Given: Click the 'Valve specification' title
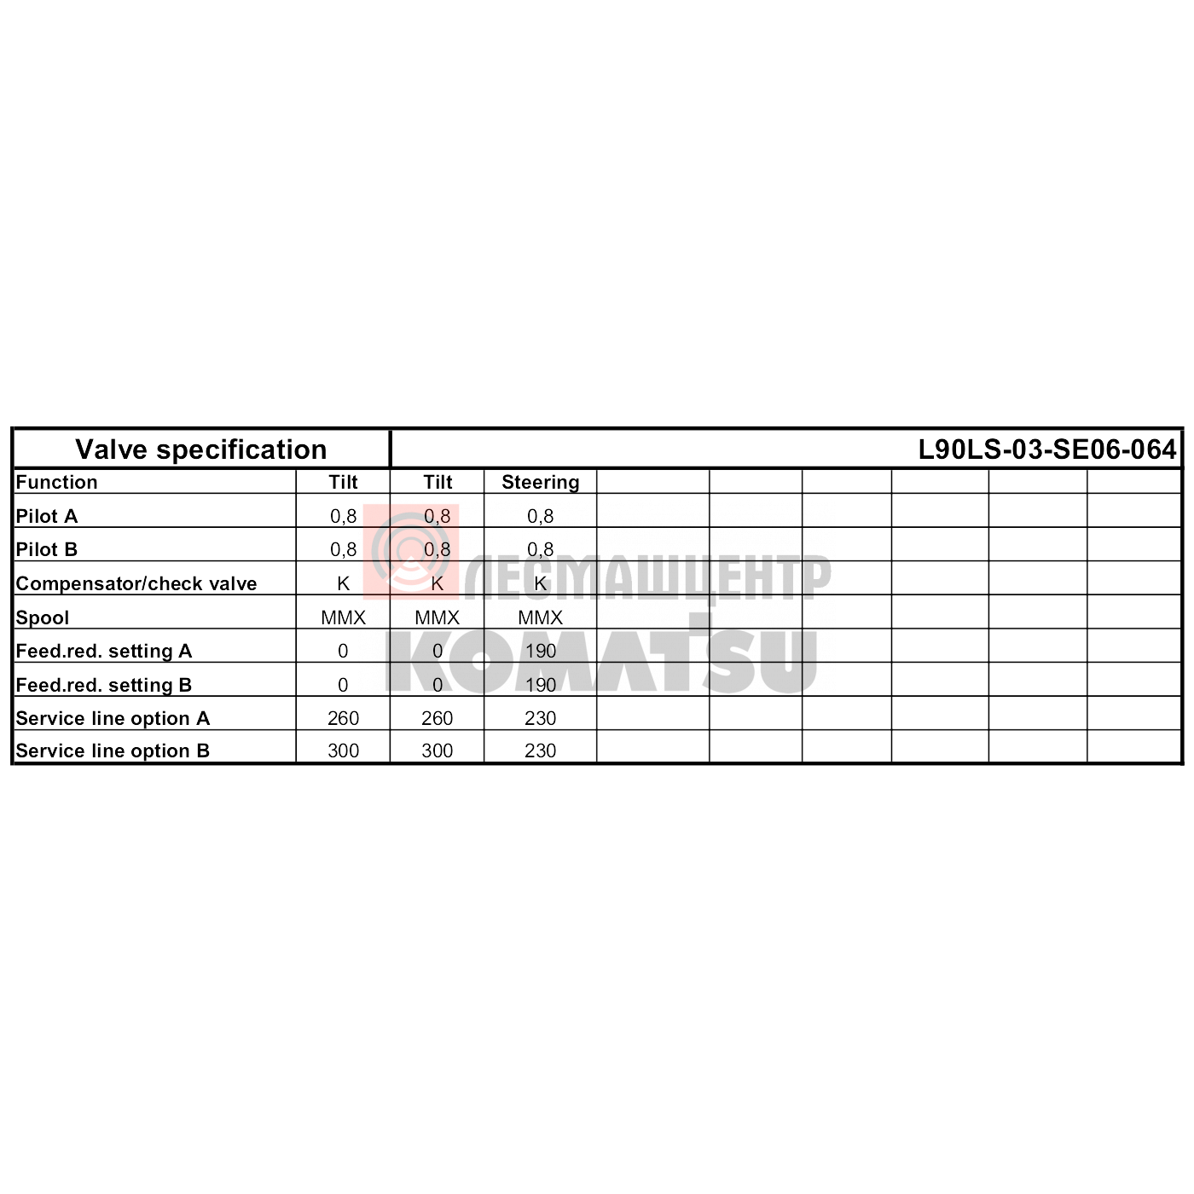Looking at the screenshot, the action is pos(200,449).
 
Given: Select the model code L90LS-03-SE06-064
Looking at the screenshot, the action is pos(1046,449).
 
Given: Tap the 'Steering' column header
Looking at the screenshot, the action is pos(541,482).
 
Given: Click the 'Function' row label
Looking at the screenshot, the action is pos(56,482).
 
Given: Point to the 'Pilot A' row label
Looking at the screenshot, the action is pos(46,516).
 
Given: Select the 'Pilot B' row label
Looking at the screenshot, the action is pos(46,549).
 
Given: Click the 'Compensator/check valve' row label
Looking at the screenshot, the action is pos(136,583).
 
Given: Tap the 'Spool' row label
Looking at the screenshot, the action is pos(42,617).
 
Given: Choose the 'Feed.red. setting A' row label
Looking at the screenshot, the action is pos(103,652).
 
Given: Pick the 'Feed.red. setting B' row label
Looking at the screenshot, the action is pos(103,686).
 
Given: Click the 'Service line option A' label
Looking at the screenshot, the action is pos(113,719).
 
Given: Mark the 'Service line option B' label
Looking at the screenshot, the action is pos(113,751).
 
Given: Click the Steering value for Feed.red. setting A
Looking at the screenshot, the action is pos(541,652).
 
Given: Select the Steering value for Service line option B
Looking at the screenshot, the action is pos(541,751).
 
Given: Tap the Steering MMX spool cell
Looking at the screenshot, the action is pos(541,617).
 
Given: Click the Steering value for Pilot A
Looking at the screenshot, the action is pos(541,516).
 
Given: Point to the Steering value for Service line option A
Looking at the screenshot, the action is pos(541,719).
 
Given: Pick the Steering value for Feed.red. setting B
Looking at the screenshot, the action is pos(541,686).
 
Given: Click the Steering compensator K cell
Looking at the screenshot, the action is pos(541,583).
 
